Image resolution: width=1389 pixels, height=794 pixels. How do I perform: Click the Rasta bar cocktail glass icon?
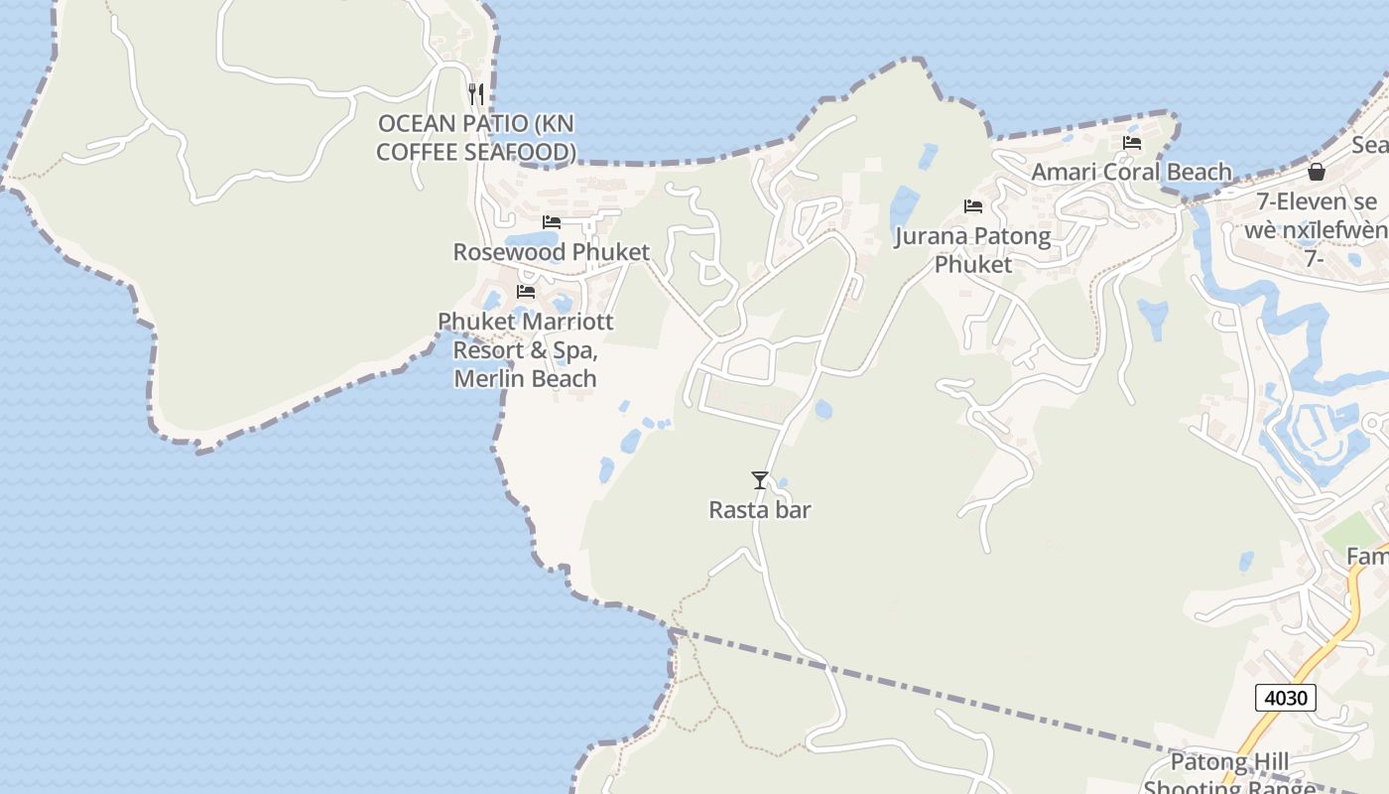click(x=760, y=480)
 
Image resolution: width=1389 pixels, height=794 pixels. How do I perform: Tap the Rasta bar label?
click(x=760, y=510)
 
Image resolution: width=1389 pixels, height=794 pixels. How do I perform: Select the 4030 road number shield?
click(x=1285, y=698)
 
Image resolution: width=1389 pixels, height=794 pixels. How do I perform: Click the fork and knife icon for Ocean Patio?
click(x=476, y=94)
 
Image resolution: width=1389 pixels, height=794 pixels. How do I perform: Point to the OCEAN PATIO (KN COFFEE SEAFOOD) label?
click(x=476, y=138)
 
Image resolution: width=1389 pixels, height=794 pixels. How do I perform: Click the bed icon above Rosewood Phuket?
click(x=552, y=222)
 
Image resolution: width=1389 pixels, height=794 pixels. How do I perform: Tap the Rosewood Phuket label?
click(x=552, y=252)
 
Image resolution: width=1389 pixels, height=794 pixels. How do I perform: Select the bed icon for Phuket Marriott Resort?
click(x=526, y=292)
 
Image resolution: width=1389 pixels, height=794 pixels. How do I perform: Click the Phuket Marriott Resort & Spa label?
click(x=526, y=350)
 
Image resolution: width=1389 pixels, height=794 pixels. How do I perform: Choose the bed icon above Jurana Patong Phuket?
click(x=973, y=206)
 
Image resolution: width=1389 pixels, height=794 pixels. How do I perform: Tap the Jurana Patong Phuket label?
click(x=972, y=250)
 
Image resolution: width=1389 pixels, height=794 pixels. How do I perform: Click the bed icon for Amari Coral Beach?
click(x=1132, y=143)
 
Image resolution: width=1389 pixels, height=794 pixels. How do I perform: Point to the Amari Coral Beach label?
click(x=1131, y=172)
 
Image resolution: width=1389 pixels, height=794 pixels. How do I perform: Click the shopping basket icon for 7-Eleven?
click(x=1317, y=172)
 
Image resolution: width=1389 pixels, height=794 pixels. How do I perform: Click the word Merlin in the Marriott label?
click(x=491, y=379)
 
